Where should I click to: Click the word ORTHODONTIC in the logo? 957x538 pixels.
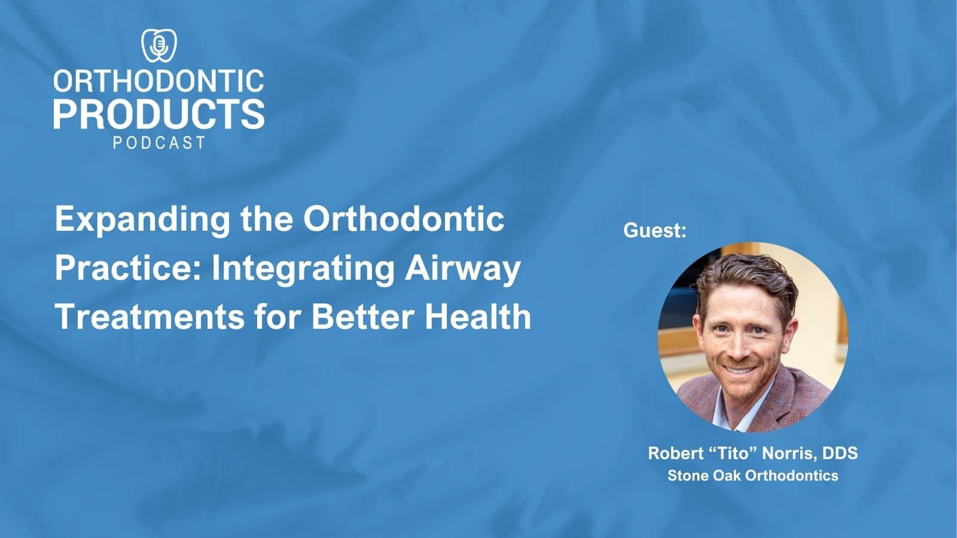(159, 81)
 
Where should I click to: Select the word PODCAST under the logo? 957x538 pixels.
(159, 143)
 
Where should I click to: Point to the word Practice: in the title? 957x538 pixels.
(128, 268)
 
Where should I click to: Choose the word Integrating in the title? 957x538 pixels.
(303, 268)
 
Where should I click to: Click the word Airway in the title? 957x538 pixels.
(462, 269)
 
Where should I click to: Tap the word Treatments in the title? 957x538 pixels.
(150, 316)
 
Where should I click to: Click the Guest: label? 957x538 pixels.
(655, 231)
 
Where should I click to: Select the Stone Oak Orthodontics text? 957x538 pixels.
(752, 476)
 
